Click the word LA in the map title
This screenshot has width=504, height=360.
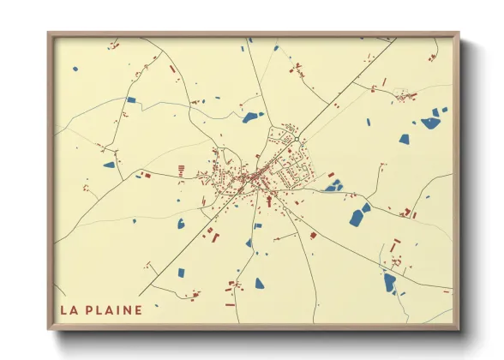tap(69, 309)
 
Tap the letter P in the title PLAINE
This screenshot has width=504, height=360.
tap(89, 309)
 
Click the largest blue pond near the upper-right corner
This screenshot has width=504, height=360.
tap(430, 123)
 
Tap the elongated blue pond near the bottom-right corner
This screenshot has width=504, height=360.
tap(390, 282)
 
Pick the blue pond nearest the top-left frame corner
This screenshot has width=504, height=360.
tap(75, 69)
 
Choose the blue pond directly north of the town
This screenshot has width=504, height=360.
tap(251, 117)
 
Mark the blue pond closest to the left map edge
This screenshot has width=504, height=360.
tap(109, 165)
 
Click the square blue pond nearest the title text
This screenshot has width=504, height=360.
tap(180, 273)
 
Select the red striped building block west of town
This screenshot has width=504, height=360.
tap(182, 171)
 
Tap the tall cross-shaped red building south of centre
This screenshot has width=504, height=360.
tap(268, 201)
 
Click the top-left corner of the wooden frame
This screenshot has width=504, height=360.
tap(49, 34)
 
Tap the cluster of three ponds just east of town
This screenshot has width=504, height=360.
tap(333, 185)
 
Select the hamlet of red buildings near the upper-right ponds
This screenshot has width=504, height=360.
tap(405, 96)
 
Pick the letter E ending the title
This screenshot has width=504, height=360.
tap(138, 309)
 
